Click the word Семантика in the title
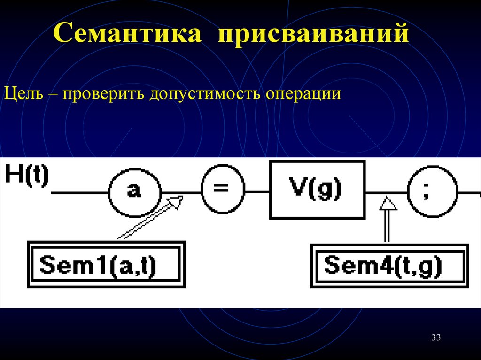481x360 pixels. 128,36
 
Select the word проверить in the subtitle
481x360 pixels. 101,94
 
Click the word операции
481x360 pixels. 303,94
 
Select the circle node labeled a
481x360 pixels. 135,192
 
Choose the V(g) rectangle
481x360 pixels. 317,190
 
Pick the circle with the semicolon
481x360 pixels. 432,192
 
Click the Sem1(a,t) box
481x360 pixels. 106,264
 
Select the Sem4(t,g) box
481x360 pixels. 390,265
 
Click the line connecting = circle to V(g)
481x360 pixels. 257,192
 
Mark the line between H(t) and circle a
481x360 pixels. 80,192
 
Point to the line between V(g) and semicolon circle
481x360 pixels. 386,192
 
